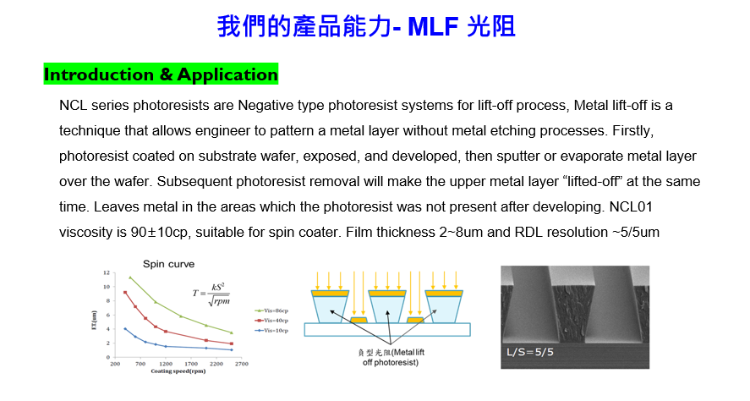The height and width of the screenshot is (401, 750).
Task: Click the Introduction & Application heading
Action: coord(161,74)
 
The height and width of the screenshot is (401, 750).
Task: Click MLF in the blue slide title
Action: coord(433,26)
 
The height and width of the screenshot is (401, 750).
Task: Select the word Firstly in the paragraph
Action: coord(632,130)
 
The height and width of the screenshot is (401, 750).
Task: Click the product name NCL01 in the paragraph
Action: coord(631,206)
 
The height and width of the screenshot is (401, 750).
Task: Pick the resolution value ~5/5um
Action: coord(636,233)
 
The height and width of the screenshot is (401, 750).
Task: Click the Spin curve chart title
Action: coord(168,264)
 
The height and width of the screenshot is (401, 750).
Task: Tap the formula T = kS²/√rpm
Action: coord(211,294)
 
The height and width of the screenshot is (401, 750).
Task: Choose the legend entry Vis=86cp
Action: coord(271,310)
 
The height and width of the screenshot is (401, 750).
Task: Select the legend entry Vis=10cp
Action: coord(271,330)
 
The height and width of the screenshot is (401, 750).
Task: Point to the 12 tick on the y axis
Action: coord(107,272)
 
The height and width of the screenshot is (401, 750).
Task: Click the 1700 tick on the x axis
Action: coord(191,364)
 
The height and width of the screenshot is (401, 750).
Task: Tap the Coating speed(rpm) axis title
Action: coord(178,371)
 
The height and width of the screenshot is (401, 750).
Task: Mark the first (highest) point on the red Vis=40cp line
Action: coord(125,293)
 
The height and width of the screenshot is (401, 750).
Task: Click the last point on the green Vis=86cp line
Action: coord(232,332)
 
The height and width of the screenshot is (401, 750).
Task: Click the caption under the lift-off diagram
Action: coord(391,358)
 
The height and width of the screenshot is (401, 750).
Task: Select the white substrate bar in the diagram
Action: coord(387,330)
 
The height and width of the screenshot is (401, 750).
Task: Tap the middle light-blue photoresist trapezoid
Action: coord(387,309)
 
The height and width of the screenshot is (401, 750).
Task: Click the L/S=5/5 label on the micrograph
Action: coord(530,353)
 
